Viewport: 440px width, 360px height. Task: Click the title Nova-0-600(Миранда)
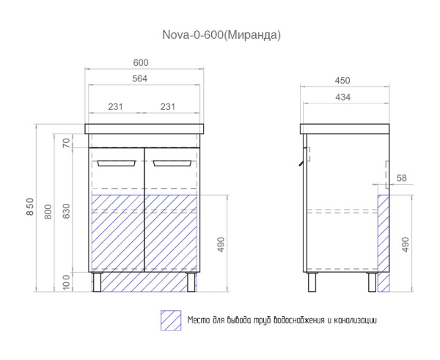click(221, 34)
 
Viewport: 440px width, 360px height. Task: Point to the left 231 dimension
click(114, 107)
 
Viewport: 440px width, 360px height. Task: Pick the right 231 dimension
click(168, 107)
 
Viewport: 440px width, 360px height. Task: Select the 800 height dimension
click(48, 211)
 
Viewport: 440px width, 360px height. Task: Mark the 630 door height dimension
click(65, 211)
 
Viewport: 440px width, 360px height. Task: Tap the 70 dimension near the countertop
click(65, 142)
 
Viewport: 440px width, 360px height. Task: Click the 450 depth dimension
click(343, 80)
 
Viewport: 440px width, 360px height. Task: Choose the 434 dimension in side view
click(343, 97)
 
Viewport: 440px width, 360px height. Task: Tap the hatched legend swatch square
click(170, 320)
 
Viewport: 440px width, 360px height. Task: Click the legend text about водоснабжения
click(282, 320)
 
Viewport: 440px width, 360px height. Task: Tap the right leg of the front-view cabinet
click(192, 282)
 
